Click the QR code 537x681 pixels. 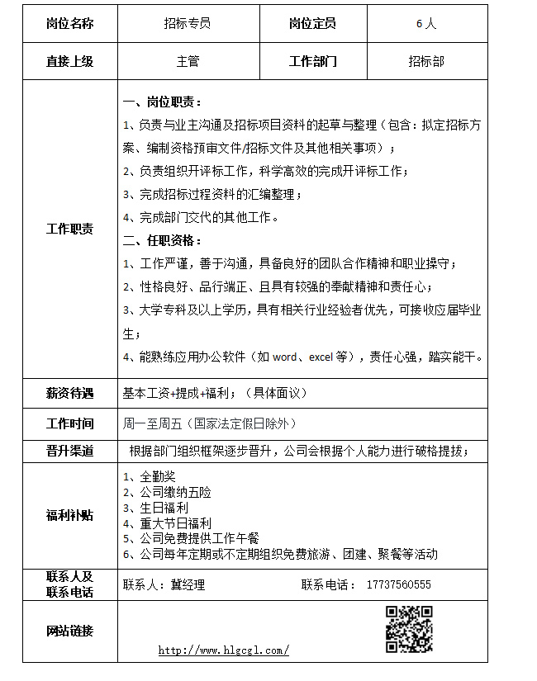pyautogui.click(x=410, y=629)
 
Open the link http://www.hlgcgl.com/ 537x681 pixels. pyautogui.click(x=223, y=650)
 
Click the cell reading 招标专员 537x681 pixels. pyautogui.click(x=188, y=23)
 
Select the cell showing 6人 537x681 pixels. pyautogui.click(x=426, y=23)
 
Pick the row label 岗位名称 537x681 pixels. pyautogui.click(x=70, y=23)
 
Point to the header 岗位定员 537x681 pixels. pyautogui.click(x=312, y=23)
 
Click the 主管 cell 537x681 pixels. pyautogui.click(x=188, y=61)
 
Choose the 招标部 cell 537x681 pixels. pyautogui.click(x=426, y=61)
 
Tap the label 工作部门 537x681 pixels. pyautogui.click(x=312, y=61)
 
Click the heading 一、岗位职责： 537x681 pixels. pyautogui.click(x=163, y=102)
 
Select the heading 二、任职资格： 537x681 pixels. pyautogui.click(x=163, y=240)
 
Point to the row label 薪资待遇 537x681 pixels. pyautogui.click(x=70, y=394)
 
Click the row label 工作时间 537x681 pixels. pyautogui.click(x=70, y=423)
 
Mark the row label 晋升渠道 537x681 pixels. pyautogui.click(x=70, y=450)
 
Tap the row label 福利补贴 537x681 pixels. pyautogui.click(x=70, y=515)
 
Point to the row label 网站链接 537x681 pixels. pyautogui.click(x=70, y=631)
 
